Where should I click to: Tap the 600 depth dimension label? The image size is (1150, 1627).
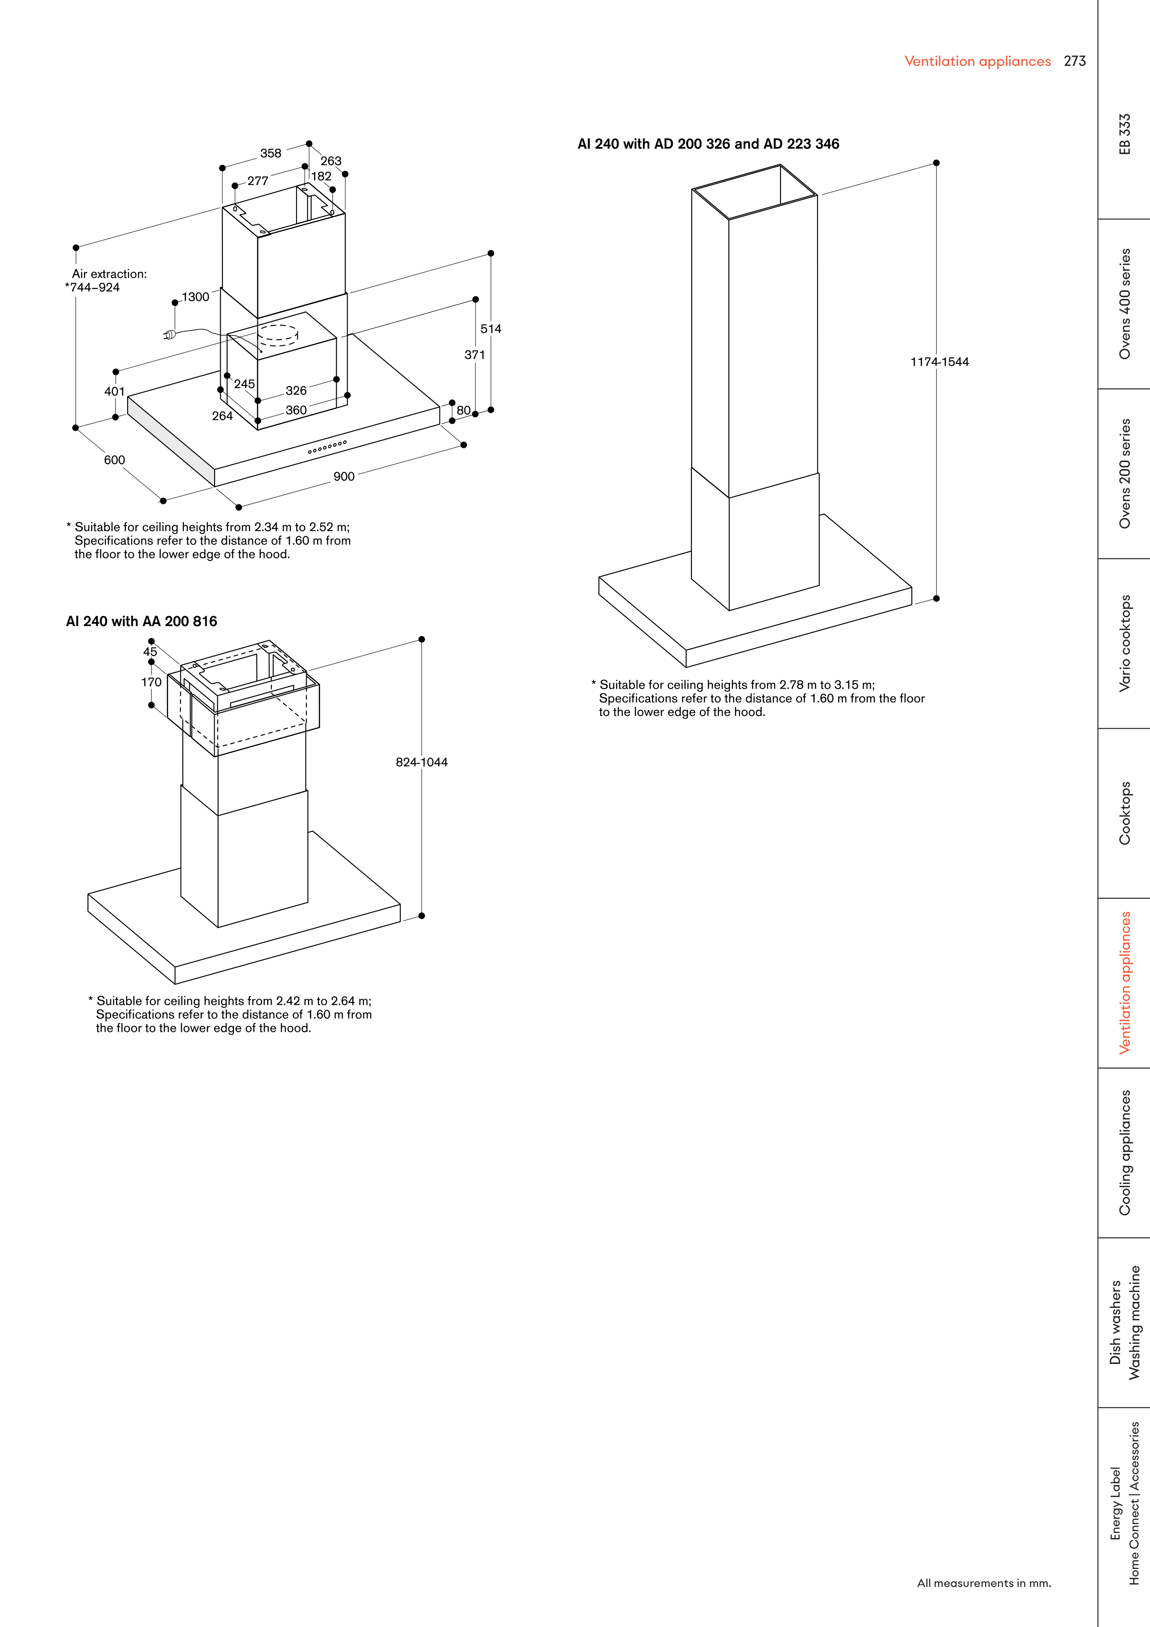[114, 460]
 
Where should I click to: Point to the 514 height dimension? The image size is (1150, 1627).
[490, 329]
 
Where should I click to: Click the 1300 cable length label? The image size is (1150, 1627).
[196, 297]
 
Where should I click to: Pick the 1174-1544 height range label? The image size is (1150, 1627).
[939, 362]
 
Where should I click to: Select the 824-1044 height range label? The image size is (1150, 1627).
[421, 762]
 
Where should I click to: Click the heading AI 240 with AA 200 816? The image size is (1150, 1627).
[142, 621]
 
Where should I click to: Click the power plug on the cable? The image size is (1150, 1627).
[169, 334]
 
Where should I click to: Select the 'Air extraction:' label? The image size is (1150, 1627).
[109, 274]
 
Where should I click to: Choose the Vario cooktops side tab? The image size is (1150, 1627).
[1125, 644]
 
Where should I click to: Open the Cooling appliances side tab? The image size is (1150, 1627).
[1125, 1153]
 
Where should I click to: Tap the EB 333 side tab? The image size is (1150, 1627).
[1125, 134]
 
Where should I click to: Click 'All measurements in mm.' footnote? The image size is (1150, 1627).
[983, 1583]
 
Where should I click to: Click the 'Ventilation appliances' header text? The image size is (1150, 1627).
[977, 61]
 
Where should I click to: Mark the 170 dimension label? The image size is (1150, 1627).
[151, 682]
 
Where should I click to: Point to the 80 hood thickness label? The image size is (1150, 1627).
[463, 410]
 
